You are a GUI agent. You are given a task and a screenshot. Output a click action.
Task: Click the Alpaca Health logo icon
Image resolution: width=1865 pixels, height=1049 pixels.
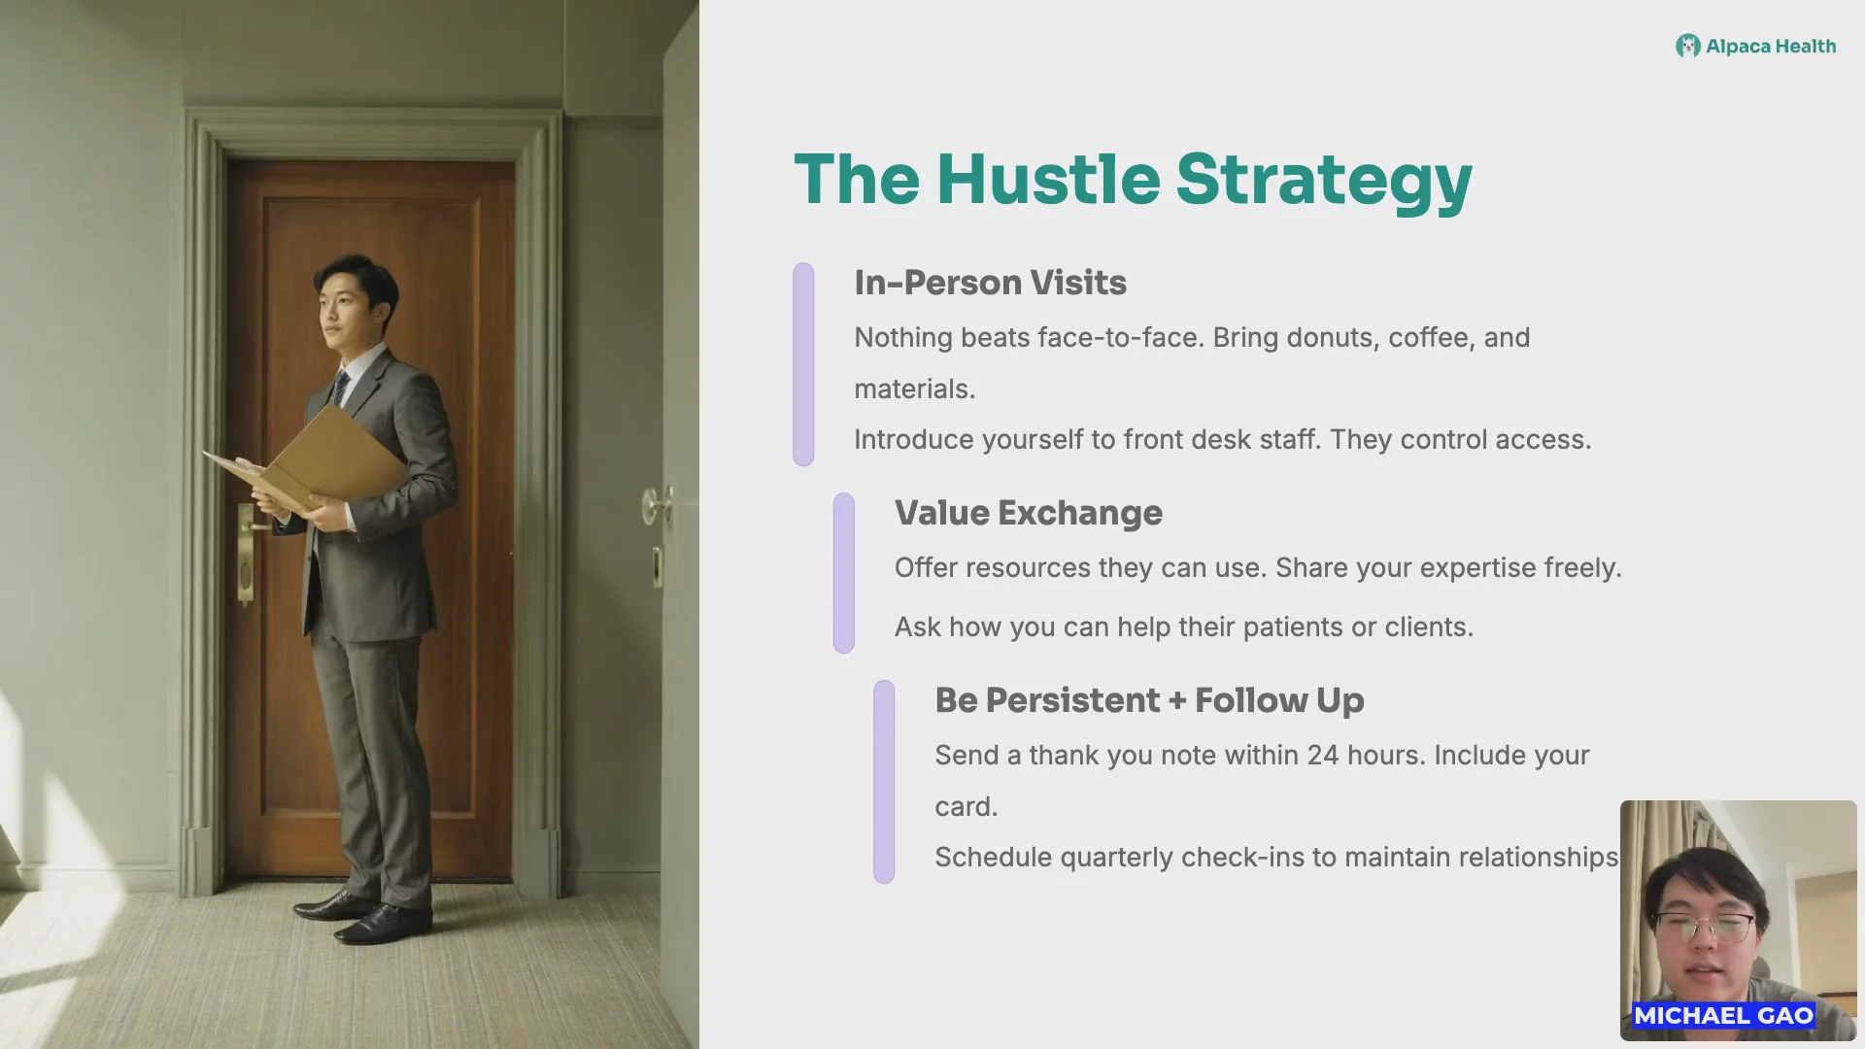1687,46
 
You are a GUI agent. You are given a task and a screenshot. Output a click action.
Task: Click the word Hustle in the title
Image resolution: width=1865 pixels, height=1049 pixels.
1048,180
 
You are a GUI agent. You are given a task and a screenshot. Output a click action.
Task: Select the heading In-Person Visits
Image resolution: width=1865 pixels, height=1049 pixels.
990,283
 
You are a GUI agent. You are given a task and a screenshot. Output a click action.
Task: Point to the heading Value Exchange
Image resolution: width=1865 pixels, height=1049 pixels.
1028,513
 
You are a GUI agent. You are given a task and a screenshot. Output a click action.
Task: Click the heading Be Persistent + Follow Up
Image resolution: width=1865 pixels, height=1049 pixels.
1149,701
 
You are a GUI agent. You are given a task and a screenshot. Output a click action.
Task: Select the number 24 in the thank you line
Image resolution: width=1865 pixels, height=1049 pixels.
1323,756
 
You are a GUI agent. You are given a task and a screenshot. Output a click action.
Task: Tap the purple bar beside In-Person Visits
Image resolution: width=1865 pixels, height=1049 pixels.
803,364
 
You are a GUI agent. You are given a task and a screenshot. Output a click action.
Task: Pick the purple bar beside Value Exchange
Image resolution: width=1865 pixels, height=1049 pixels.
844,573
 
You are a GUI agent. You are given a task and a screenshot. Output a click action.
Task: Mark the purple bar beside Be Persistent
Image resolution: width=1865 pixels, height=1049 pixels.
884,782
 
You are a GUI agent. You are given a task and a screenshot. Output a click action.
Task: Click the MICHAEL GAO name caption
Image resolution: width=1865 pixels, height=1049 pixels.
1723,1016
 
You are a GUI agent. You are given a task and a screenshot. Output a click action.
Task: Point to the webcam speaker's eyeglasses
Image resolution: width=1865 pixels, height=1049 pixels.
1705,928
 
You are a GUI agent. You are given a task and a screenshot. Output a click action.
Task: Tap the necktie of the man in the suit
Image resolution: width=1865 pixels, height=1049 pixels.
338,389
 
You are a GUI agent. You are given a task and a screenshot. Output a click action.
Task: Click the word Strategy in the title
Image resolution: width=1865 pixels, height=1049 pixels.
1324,182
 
